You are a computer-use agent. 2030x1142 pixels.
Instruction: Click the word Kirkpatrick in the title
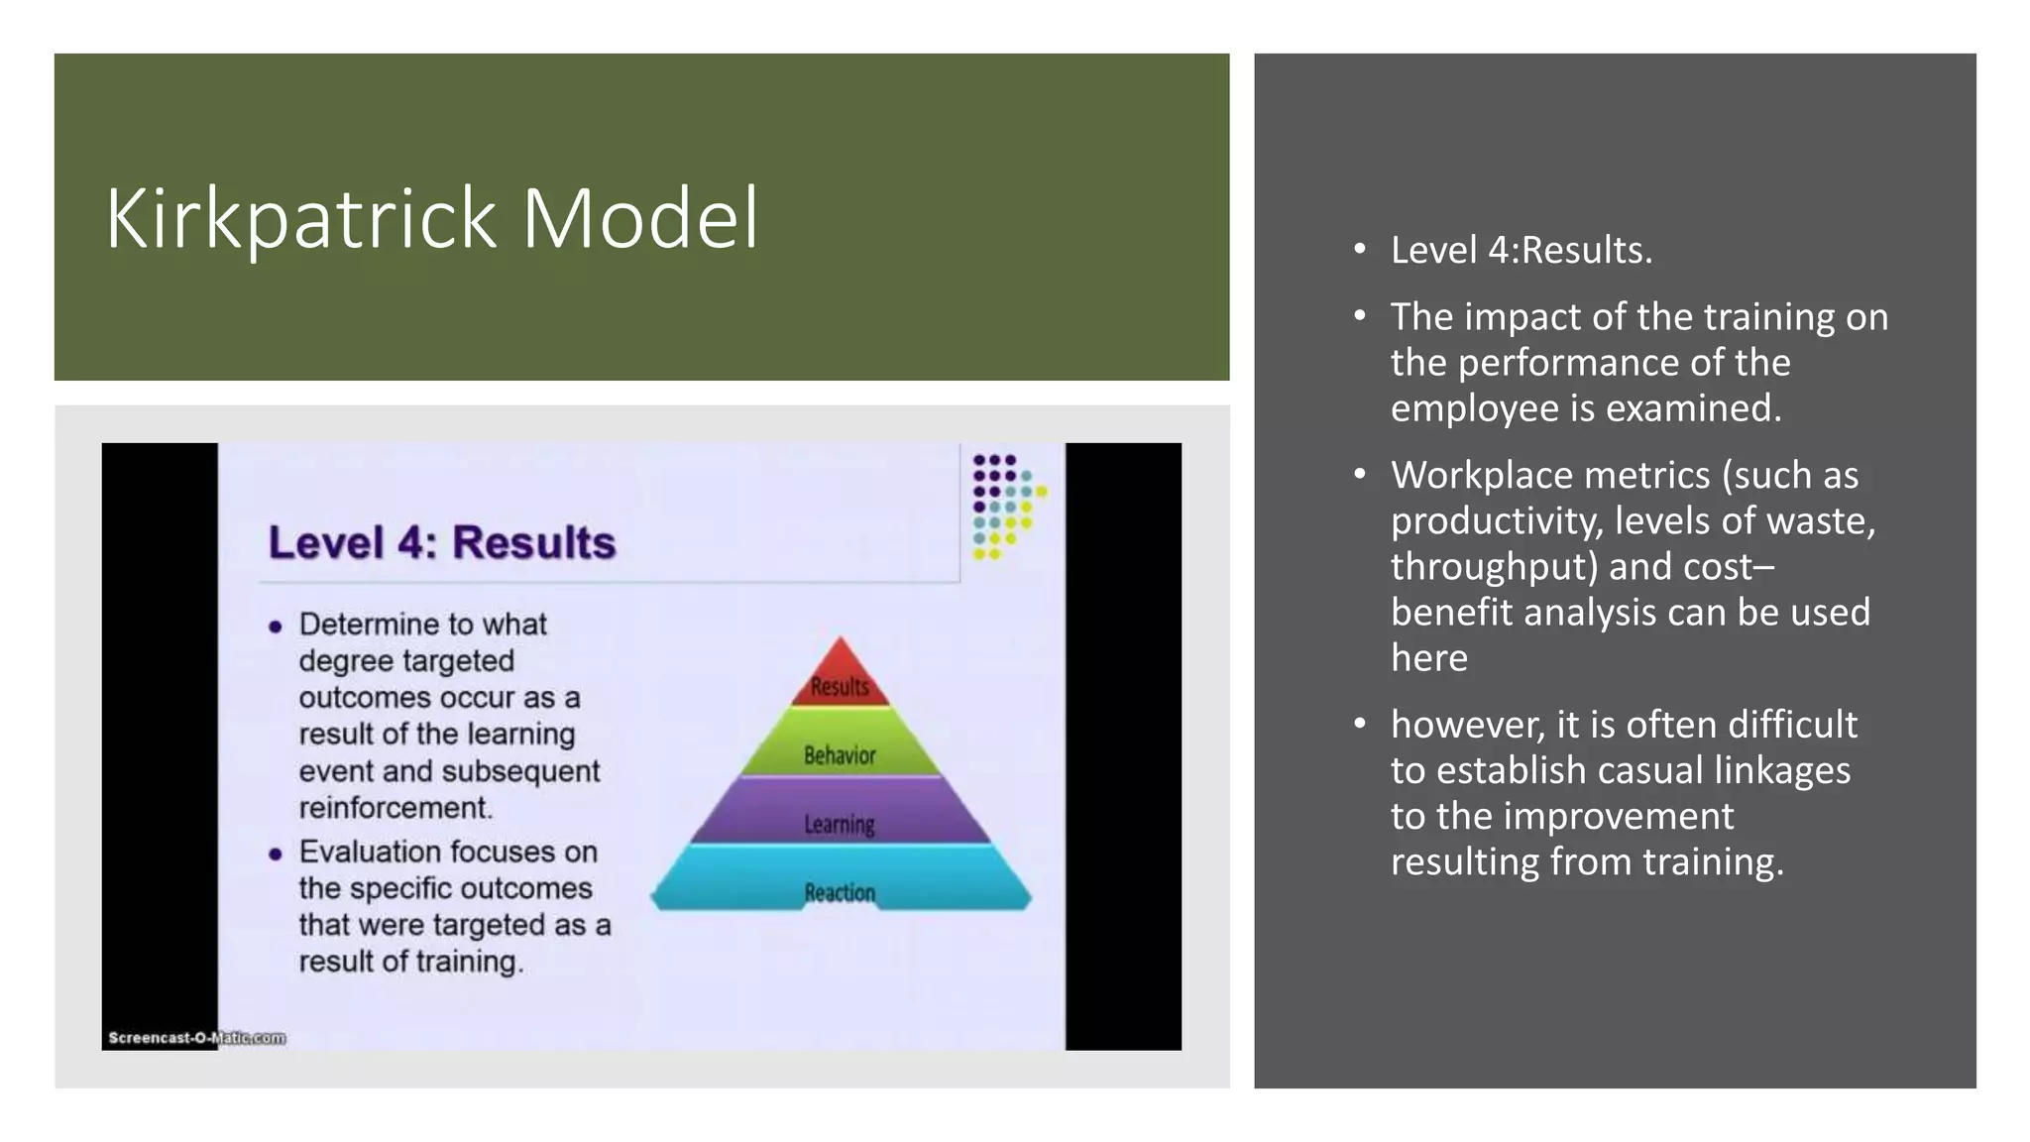tap(300, 218)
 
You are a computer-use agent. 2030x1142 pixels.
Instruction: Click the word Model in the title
tap(639, 218)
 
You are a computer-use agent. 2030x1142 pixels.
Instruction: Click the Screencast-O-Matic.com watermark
tap(196, 1037)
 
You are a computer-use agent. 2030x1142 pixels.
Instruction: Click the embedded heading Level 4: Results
tap(442, 542)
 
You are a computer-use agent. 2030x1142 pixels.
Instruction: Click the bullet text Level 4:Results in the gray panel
tap(1521, 250)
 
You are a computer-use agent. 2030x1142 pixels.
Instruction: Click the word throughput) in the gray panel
tap(1494, 566)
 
